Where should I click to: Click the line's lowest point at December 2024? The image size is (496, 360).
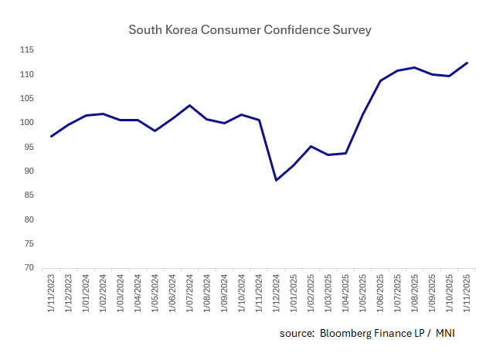click(x=277, y=180)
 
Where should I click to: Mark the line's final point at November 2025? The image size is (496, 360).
click(x=467, y=63)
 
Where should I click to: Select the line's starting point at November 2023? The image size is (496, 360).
click(x=52, y=136)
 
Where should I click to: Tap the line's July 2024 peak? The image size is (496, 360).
click(x=190, y=105)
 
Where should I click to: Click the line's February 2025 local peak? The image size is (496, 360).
click(x=311, y=146)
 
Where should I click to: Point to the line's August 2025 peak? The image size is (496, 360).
click(x=415, y=67)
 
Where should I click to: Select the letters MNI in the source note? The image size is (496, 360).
click(x=446, y=333)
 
